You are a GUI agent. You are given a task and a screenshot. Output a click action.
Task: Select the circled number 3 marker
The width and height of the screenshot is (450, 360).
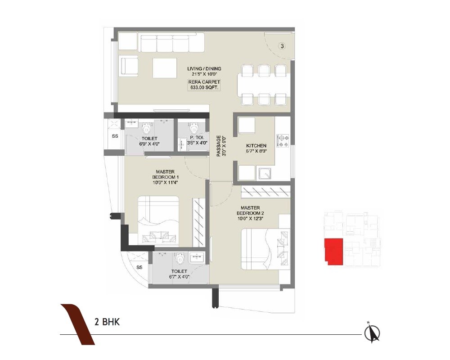[281, 46]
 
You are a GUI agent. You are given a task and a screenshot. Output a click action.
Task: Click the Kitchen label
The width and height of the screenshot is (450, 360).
[256, 148]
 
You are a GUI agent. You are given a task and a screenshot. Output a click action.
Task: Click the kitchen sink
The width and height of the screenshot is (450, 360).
[265, 173]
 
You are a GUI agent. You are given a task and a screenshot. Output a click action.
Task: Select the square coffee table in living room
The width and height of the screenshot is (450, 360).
[165, 67]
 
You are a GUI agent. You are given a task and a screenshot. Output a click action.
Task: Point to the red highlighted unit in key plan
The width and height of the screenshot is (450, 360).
[333, 251]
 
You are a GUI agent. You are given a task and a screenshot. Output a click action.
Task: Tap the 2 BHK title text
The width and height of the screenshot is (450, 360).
[107, 322]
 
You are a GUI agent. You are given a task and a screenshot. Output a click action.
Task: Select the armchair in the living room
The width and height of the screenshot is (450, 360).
[129, 67]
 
